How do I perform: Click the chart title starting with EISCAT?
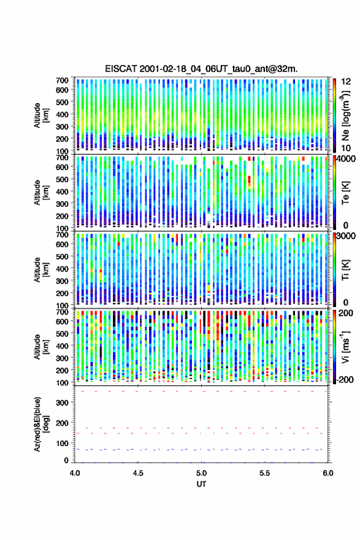[201, 69]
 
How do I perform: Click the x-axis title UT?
[201, 484]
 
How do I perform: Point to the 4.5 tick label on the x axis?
[138, 473]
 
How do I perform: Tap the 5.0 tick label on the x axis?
[201, 473]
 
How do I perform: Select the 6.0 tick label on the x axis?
[328, 473]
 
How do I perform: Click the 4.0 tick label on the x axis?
[75, 473]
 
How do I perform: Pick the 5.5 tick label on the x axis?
[265, 473]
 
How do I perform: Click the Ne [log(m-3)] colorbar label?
[345, 115]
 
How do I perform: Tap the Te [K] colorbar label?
[345, 193]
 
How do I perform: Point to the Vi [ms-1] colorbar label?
[345, 347]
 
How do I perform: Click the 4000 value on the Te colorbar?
[347, 159]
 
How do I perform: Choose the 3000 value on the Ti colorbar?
[347, 236]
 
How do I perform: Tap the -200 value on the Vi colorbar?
[345, 379]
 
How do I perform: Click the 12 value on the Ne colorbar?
[346, 82]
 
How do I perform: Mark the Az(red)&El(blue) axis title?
[42, 424]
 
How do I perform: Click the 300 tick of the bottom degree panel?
[62, 403]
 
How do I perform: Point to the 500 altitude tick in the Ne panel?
[62, 102]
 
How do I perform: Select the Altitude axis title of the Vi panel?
[41, 347]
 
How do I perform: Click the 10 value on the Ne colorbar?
[346, 148]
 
